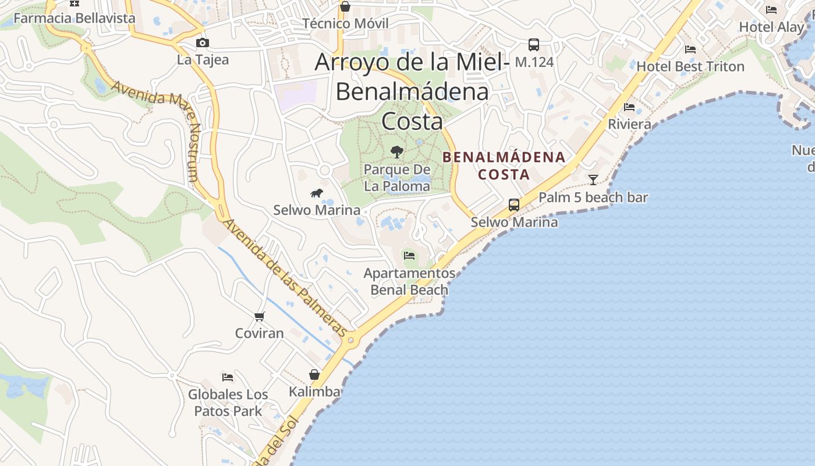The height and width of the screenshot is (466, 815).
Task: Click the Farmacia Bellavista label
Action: pyautogui.click(x=74, y=18)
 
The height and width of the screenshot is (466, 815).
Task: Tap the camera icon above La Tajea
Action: pyautogui.click(x=203, y=43)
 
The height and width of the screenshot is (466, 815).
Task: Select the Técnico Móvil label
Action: pyautogui.click(x=345, y=24)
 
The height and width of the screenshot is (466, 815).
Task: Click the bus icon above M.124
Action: pyautogui.click(x=534, y=44)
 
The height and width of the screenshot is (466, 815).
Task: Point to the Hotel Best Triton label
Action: pyautogui.click(x=690, y=66)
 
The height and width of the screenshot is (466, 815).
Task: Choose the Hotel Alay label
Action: pyautogui.click(x=771, y=27)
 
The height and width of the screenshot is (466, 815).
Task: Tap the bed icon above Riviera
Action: pyautogui.click(x=629, y=107)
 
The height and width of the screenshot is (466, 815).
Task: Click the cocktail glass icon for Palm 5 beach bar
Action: pyautogui.click(x=593, y=179)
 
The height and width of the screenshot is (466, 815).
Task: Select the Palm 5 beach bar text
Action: pyautogui.click(x=593, y=197)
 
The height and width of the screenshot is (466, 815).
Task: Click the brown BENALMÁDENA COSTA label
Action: pyautogui.click(x=504, y=165)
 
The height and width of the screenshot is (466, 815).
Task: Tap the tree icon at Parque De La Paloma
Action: pyautogui.click(x=397, y=152)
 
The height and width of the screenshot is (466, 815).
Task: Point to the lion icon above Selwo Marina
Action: pyautogui.click(x=317, y=193)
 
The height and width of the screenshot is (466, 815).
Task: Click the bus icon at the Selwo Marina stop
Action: pyautogui.click(x=514, y=205)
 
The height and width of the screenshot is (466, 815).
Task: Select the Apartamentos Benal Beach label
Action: pyautogui.click(x=409, y=281)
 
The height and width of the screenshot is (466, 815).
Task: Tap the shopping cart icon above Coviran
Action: pyautogui.click(x=260, y=316)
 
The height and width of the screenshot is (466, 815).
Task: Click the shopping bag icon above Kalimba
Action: pyautogui.click(x=314, y=374)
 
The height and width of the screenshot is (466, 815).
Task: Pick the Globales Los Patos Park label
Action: pyautogui.click(x=228, y=403)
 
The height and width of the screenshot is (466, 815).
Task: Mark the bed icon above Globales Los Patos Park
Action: pyautogui.click(x=228, y=377)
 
